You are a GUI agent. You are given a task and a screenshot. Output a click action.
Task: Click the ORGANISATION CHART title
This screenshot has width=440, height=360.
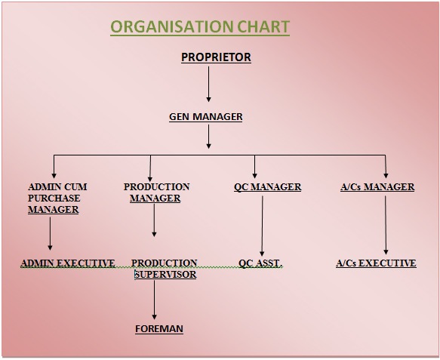[x=200, y=27]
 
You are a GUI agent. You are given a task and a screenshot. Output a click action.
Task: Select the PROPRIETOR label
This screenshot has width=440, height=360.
[x=216, y=57]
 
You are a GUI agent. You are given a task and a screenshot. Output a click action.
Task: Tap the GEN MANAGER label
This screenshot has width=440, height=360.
[x=206, y=117]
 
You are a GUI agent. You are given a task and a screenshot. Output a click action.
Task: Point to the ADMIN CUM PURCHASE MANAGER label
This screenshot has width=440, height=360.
[x=57, y=198]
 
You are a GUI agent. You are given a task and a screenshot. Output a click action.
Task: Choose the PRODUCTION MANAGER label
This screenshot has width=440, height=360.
[x=156, y=192]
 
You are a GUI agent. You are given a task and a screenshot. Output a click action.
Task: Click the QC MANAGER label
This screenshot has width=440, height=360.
[x=268, y=187]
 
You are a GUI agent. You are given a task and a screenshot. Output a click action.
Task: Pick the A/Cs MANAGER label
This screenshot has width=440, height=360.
[x=377, y=187]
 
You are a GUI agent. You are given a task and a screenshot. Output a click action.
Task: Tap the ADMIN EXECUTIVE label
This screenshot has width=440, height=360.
[x=68, y=263]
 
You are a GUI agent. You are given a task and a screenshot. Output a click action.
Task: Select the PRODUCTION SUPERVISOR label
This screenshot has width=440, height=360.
[x=165, y=269]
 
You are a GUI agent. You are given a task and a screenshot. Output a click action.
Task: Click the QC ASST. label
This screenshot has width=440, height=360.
[x=260, y=263]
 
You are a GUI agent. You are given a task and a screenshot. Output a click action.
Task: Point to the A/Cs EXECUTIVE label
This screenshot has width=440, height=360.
[x=376, y=263]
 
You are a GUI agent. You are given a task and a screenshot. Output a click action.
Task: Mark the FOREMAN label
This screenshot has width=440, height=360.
[x=159, y=329]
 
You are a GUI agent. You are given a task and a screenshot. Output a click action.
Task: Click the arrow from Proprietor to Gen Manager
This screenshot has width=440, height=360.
[x=208, y=85]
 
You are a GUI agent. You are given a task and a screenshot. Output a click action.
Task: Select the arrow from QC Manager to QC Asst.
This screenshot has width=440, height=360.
[x=262, y=226]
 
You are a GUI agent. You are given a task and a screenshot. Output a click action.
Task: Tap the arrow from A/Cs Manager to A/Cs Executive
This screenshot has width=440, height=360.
[x=386, y=225]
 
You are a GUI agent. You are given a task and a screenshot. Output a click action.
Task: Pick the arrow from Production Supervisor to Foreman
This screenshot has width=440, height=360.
[x=154, y=300]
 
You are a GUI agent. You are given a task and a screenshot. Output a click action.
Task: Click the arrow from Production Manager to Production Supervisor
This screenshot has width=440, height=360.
[x=154, y=220]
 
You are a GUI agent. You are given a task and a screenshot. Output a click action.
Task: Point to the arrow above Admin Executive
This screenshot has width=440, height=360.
[x=51, y=233]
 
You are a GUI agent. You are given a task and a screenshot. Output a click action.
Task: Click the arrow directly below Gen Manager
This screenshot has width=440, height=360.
[x=208, y=137]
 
